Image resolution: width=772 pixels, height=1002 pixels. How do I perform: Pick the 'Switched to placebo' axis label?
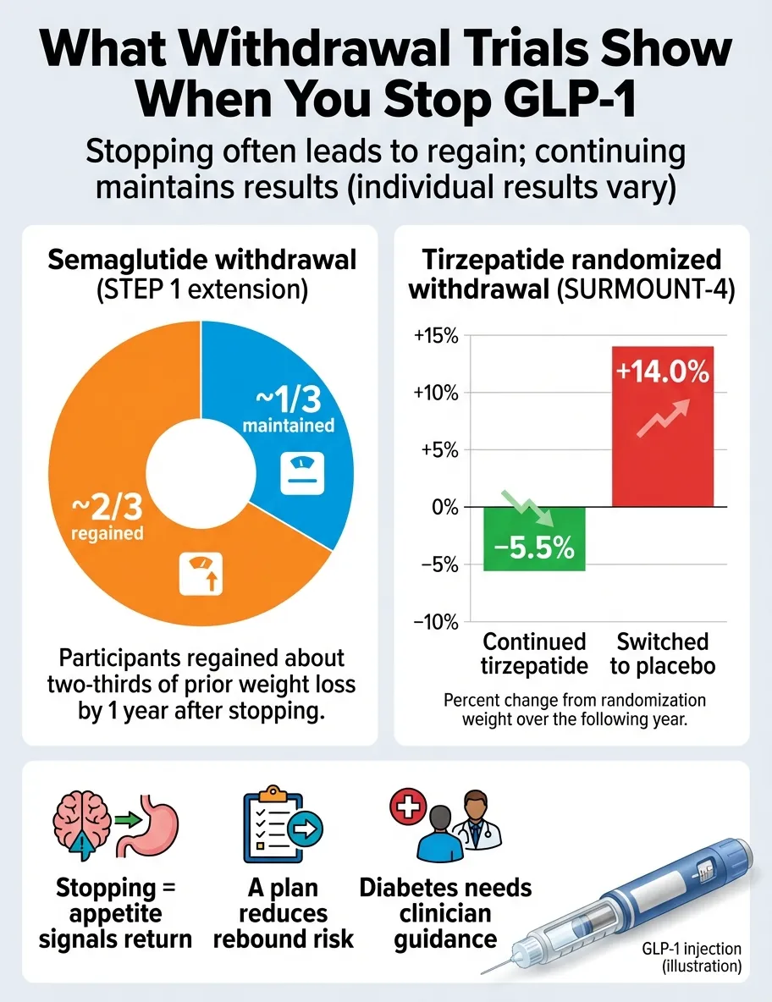click(x=662, y=653)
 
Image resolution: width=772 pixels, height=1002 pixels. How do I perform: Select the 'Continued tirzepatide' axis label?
click(x=534, y=653)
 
